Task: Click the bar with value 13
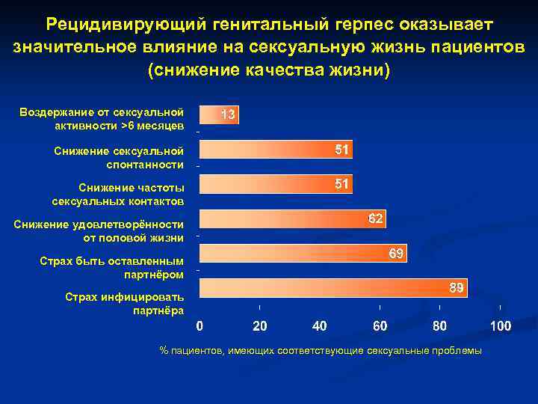coord(218,114)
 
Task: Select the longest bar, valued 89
coord(333,288)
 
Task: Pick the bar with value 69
coord(303,254)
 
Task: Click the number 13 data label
coord(228,114)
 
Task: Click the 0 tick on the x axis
coord(199,326)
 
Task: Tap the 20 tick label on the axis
coord(259,326)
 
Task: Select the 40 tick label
coord(320,326)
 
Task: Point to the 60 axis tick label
coord(380,326)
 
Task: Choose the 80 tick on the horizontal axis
coord(440,326)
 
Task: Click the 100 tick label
coord(500,326)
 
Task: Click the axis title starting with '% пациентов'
coord(321,350)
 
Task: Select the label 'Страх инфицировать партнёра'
coord(124,303)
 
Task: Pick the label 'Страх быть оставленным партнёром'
coord(111,268)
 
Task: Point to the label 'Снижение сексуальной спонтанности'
coord(119,158)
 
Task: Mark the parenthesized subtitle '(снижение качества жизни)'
coord(269,70)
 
